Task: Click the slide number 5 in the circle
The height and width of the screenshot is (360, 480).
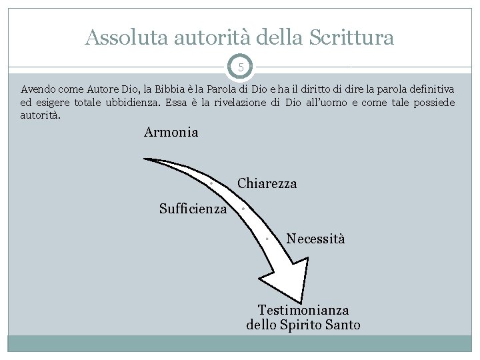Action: [x=241, y=67]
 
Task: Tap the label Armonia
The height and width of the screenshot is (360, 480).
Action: [x=171, y=132]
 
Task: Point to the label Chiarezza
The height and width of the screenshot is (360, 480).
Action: [x=267, y=183]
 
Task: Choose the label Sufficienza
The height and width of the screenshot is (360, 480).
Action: [x=193, y=209]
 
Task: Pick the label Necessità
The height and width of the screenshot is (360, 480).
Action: [x=315, y=238]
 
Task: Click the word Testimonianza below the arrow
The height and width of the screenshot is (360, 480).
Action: [x=303, y=310]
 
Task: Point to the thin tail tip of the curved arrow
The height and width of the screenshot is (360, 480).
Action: [x=147, y=159]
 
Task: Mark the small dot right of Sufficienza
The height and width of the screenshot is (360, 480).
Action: [x=243, y=209]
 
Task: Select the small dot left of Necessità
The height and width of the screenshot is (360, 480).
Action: [x=266, y=238]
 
